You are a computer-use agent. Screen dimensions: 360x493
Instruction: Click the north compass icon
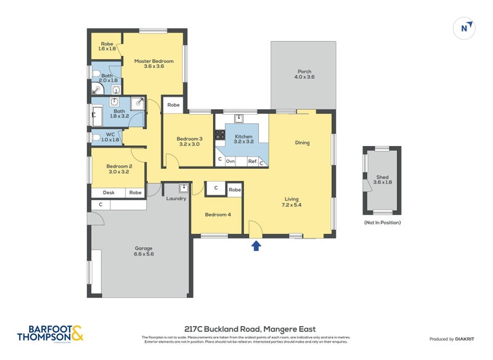click(x=465, y=28)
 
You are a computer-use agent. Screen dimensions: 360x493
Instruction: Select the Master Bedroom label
click(x=154, y=63)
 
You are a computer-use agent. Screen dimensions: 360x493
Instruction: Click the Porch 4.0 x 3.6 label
click(x=304, y=74)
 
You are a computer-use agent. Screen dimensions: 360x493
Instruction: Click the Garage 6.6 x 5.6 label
click(x=144, y=251)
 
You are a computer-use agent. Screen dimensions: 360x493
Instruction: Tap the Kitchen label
click(x=243, y=139)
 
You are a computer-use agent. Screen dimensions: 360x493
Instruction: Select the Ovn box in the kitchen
click(x=230, y=161)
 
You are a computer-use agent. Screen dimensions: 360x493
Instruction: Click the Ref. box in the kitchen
click(x=252, y=161)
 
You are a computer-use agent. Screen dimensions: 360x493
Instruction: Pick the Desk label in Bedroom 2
click(x=108, y=193)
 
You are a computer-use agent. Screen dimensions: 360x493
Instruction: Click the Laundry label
click(x=176, y=198)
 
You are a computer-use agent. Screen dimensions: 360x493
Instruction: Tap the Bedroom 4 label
click(x=218, y=214)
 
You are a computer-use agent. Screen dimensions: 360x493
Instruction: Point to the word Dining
click(x=302, y=143)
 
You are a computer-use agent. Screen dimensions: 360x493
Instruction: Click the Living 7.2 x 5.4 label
click(x=291, y=203)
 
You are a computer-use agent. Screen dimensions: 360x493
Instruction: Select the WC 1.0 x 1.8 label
click(x=110, y=137)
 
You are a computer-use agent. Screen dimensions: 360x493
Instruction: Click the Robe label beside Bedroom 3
click(x=174, y=105)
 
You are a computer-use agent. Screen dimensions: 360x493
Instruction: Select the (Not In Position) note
click(x=382, y=223)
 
